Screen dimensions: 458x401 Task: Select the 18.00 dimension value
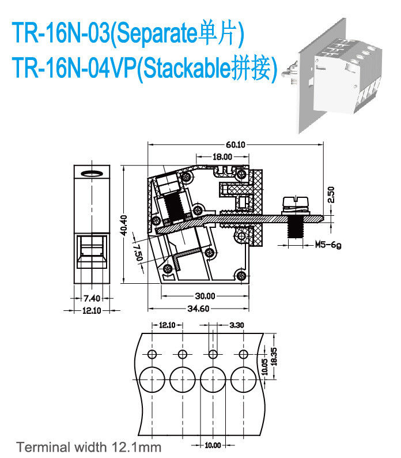pos(222,157)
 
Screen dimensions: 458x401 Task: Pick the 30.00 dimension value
pos(205,296)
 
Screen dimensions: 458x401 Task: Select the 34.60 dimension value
pos(198,309)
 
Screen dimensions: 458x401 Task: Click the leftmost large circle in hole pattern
pos(152,380)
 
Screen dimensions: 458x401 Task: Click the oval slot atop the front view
pos(92,173)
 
